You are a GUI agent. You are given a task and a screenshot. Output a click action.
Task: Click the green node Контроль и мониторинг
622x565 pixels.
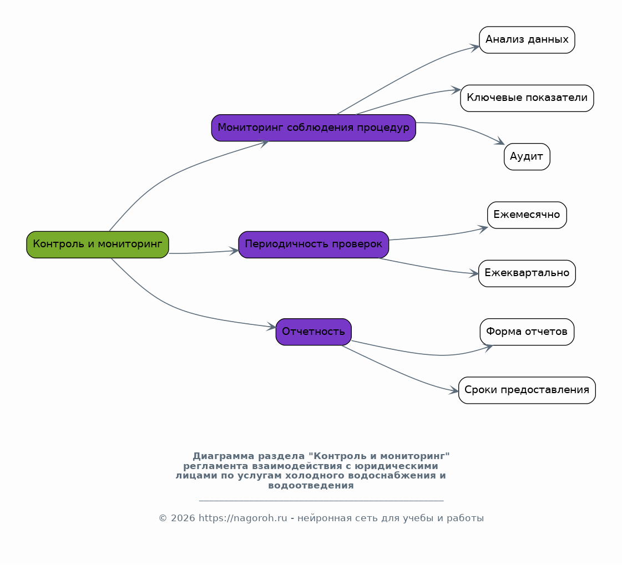[98, 245]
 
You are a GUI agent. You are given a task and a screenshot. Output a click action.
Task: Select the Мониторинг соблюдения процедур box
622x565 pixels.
[313, 128]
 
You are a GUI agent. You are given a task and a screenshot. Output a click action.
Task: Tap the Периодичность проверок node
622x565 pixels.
[313, 245]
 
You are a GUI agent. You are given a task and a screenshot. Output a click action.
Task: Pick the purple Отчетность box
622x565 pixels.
[313, 332]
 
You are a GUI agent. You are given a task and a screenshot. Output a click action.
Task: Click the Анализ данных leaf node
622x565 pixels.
[527, 40]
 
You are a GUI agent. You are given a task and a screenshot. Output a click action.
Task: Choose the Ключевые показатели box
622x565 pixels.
[527, 98]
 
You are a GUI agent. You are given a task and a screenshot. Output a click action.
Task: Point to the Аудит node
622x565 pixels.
[527, 156]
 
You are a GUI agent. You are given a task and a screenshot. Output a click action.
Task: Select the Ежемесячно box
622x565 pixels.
[527, 215]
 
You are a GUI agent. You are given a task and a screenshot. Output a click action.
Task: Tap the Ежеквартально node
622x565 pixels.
[527, 273]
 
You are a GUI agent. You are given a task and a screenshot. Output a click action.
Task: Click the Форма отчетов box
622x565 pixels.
[527, 332]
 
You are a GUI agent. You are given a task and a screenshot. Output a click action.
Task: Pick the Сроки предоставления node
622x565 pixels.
[527, 390]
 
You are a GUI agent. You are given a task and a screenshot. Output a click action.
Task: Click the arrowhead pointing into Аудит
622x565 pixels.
[500, 141]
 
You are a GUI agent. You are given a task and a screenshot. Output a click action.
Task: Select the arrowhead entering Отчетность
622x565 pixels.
[271, 327]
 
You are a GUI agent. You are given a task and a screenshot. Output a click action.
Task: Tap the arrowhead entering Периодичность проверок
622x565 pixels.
[234, 251]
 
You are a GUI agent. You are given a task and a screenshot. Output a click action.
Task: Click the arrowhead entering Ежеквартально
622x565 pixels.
[474, 273]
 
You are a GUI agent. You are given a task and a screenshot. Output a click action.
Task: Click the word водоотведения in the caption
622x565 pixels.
[311, 486]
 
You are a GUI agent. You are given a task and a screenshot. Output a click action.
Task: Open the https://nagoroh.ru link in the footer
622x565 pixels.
[243, 518]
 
